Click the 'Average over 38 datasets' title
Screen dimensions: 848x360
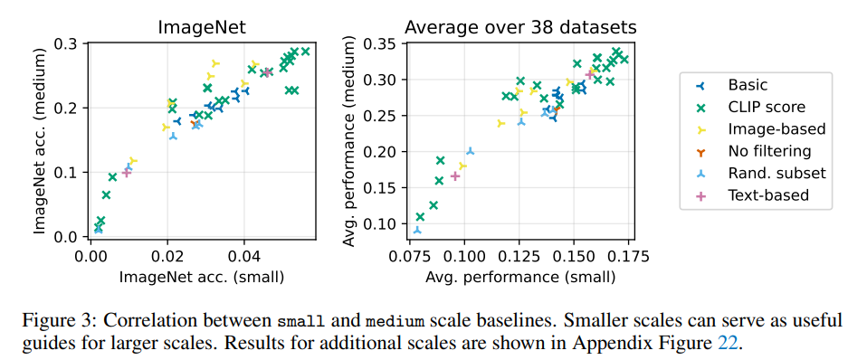pyautogui.click(x=520, y=27)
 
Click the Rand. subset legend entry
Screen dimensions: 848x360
pyautogui.click(x=760, y=173)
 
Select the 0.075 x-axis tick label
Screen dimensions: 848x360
pyautogui.click(x=410, y=254)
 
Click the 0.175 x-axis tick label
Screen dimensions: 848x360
pyautogui.click(x=628, y=254)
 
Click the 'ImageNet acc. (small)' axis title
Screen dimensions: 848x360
pyautogui.click(x=202, y=278)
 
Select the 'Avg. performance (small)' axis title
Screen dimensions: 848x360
pyautogui.click(x=520, y=278)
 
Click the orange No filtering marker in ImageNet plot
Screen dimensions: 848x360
pyautogui.click(x=195, y=124)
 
